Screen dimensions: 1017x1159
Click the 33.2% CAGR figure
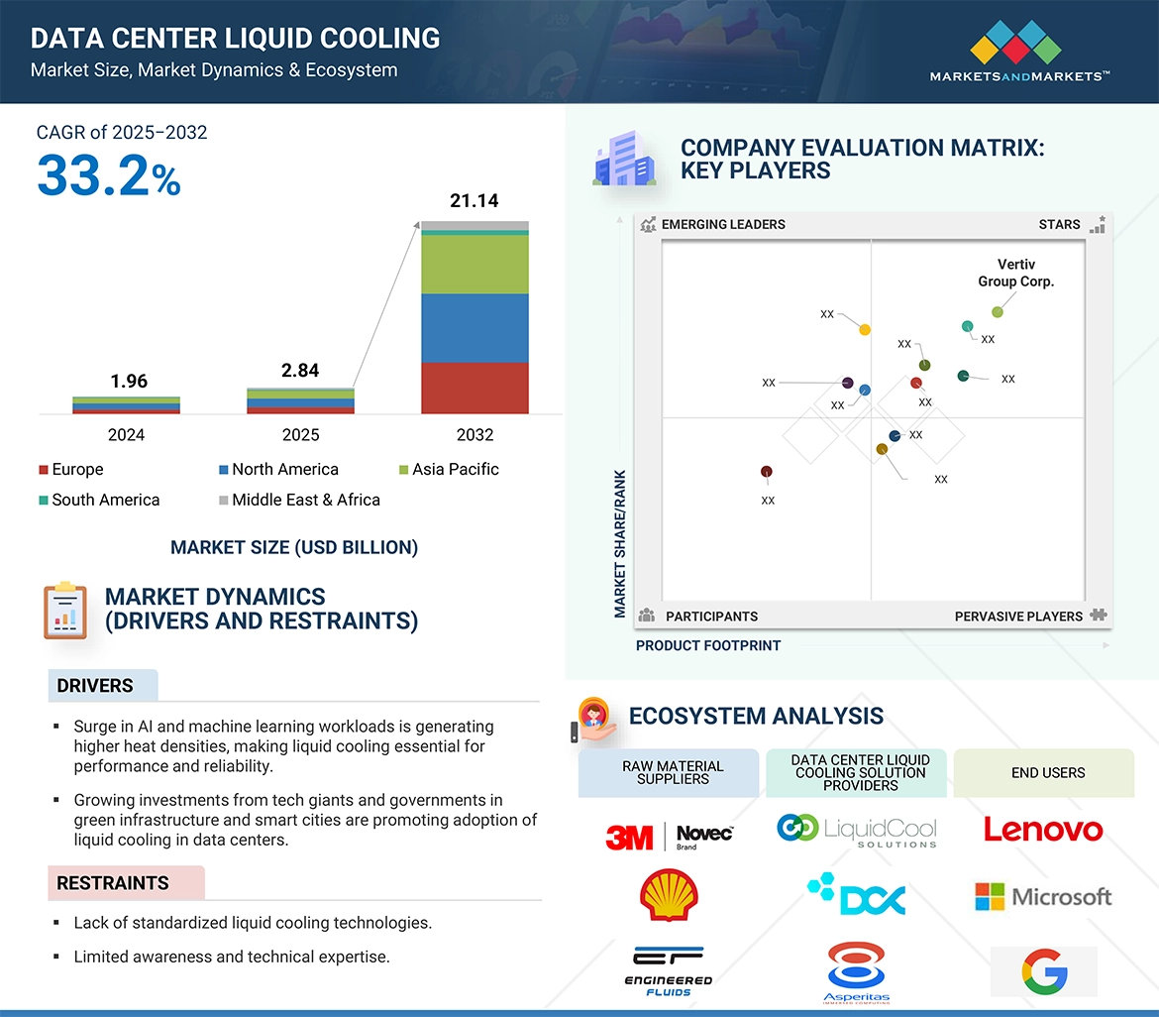coord(109,176)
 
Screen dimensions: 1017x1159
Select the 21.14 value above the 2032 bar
coord(474,201)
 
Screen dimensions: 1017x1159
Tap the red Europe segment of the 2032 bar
coord(474,388)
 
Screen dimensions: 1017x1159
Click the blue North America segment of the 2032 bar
coord(474,328)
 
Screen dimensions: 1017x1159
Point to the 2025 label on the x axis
coord(300,435)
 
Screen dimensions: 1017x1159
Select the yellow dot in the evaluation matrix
coord(865,330)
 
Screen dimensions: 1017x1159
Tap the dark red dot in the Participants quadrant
coord(766,472)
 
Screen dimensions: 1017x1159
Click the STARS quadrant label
coord(1059,225)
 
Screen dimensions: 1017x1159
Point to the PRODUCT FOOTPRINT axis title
coord(708,646)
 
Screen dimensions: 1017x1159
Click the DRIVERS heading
coord(95,686)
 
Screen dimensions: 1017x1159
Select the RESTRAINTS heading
coord(113,883)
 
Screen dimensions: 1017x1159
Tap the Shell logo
coord(669,895)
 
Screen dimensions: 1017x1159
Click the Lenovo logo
coord(1043,830)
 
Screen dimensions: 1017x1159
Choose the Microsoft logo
coord(1043,897)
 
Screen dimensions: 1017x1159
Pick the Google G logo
coord(1043,971)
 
